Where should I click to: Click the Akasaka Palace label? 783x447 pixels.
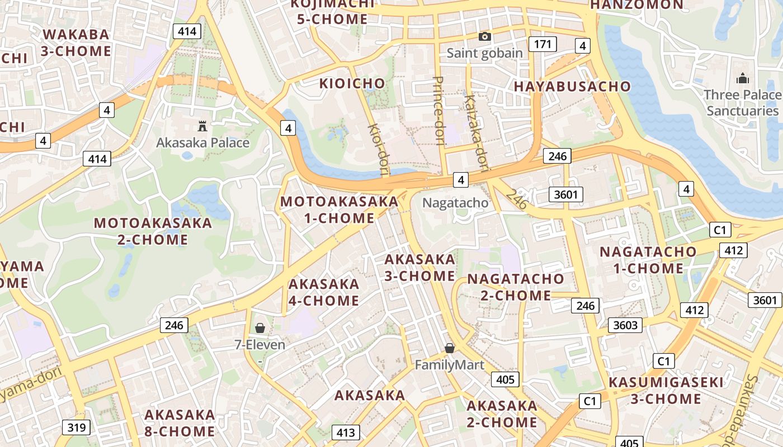(x=202, y=142)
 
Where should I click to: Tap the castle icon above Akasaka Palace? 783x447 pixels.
(x=202, y=127)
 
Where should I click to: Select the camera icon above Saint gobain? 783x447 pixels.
(x=485, y=37)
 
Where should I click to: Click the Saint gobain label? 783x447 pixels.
(x=485, y=53)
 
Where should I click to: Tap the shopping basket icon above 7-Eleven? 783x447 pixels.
(x=260, y=328)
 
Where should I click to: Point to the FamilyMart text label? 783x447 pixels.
(x=449, y=365)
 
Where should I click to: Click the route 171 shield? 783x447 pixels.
(x=543, y=44)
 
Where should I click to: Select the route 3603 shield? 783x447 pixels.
(x=625, y=325)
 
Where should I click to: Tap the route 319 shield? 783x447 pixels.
(x=76, y=427)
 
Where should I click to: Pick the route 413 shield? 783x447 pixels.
(x=346, y=432)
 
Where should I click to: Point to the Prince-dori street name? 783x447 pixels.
(x=439, y=111)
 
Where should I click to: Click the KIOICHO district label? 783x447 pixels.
(x=352, y=84)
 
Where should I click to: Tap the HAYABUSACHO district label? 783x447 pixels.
(x=572, y=87)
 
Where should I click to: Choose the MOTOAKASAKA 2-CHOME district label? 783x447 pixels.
(x=153, y=231)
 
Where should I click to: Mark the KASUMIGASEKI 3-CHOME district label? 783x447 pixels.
(x=666, y=391)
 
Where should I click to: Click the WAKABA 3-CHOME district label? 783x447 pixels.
(x=76, y=43)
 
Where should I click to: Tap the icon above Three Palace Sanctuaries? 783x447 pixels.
(x=742, y=79)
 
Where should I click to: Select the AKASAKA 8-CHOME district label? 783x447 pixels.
(x=180, y=423)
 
